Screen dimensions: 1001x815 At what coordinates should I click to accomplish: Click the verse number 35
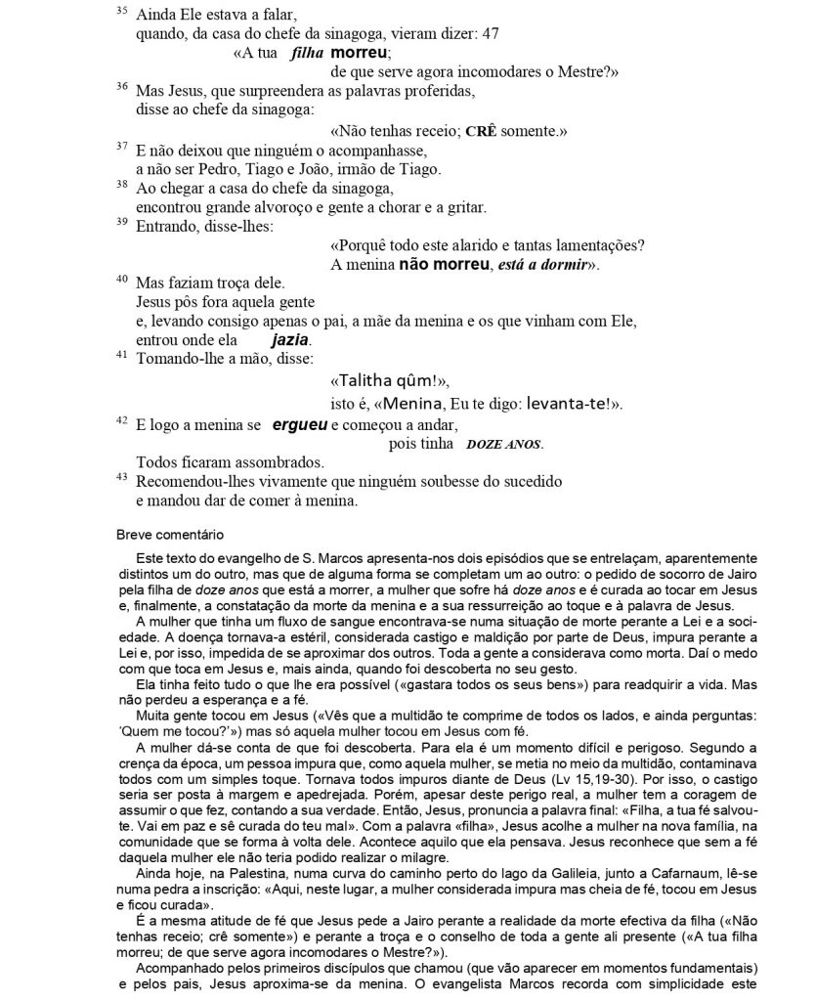[x=121, y=11]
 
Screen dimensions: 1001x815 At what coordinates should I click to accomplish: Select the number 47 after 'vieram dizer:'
[x=491, y=33]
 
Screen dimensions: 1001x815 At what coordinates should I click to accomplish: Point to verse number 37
[x=121, y=147]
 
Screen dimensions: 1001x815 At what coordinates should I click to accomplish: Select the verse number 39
[x=121, y=223]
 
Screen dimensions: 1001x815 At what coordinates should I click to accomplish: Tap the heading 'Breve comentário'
[x=165, y=535]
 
